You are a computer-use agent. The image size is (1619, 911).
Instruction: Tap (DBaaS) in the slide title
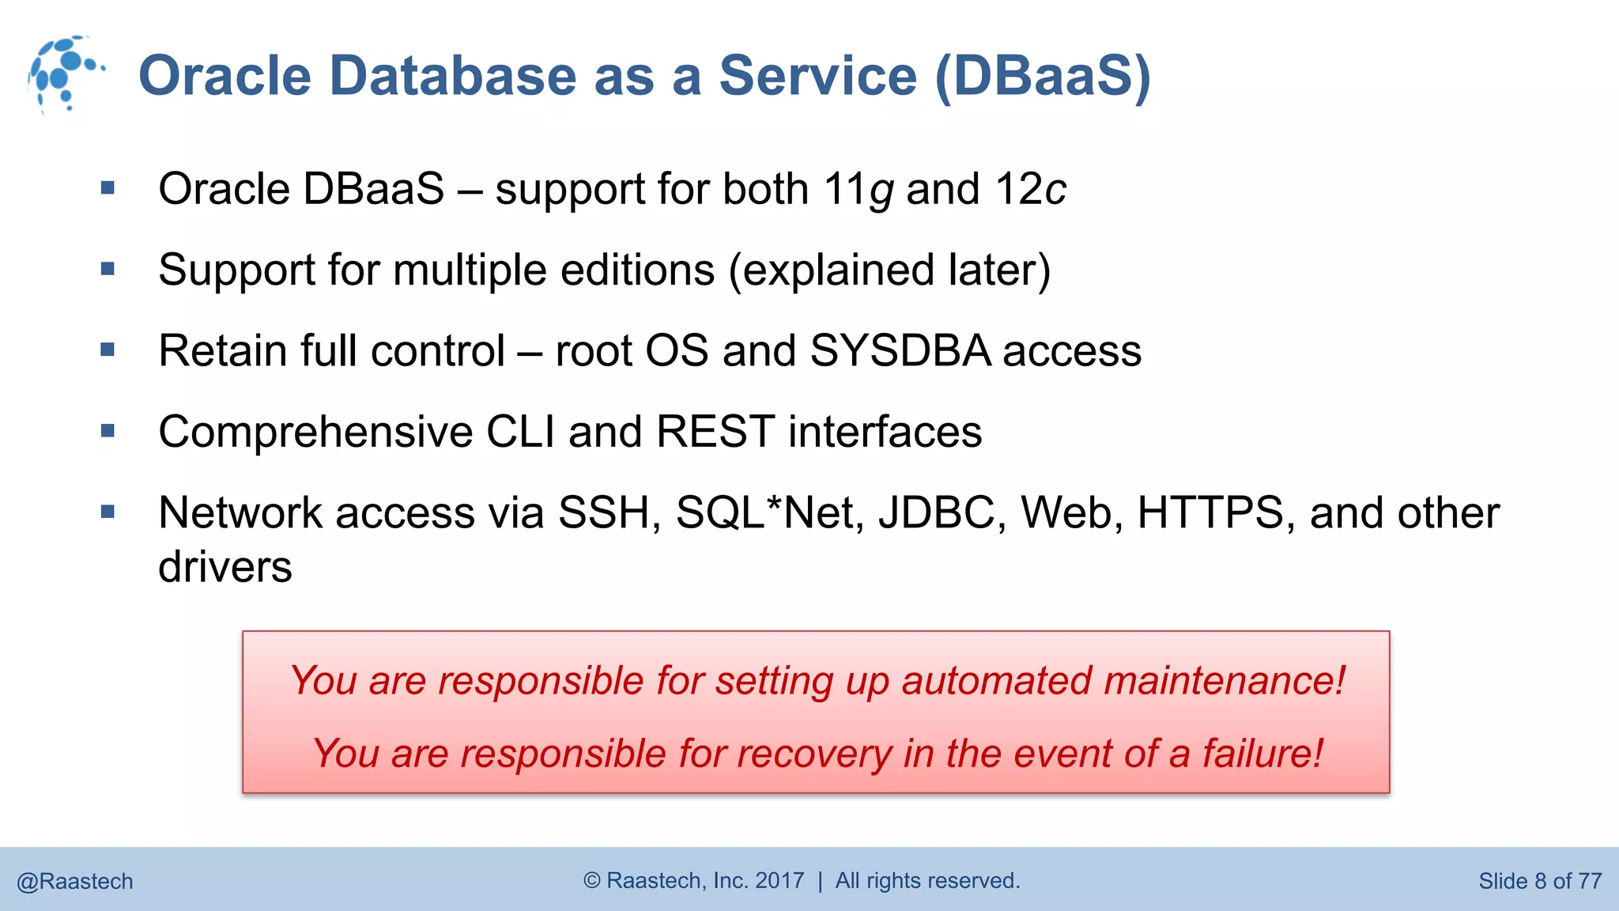tap(1042, 77)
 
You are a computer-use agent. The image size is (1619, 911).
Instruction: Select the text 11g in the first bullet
tap(858, 191)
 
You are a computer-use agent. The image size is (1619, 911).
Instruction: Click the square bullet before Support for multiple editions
tap(108, 270)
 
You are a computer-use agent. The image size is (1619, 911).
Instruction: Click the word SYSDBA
tap(900, 351)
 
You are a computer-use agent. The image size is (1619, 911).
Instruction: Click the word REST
tap(715, 433)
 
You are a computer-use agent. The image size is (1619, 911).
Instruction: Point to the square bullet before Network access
tap(108, 512)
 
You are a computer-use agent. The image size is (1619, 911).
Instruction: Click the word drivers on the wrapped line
tap(225, 568)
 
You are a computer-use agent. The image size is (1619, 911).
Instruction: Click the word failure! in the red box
tap(1262, 754)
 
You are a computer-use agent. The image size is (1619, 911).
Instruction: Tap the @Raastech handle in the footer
tap(75, 881)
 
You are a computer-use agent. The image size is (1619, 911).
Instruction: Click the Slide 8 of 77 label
tap(1539, 881)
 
